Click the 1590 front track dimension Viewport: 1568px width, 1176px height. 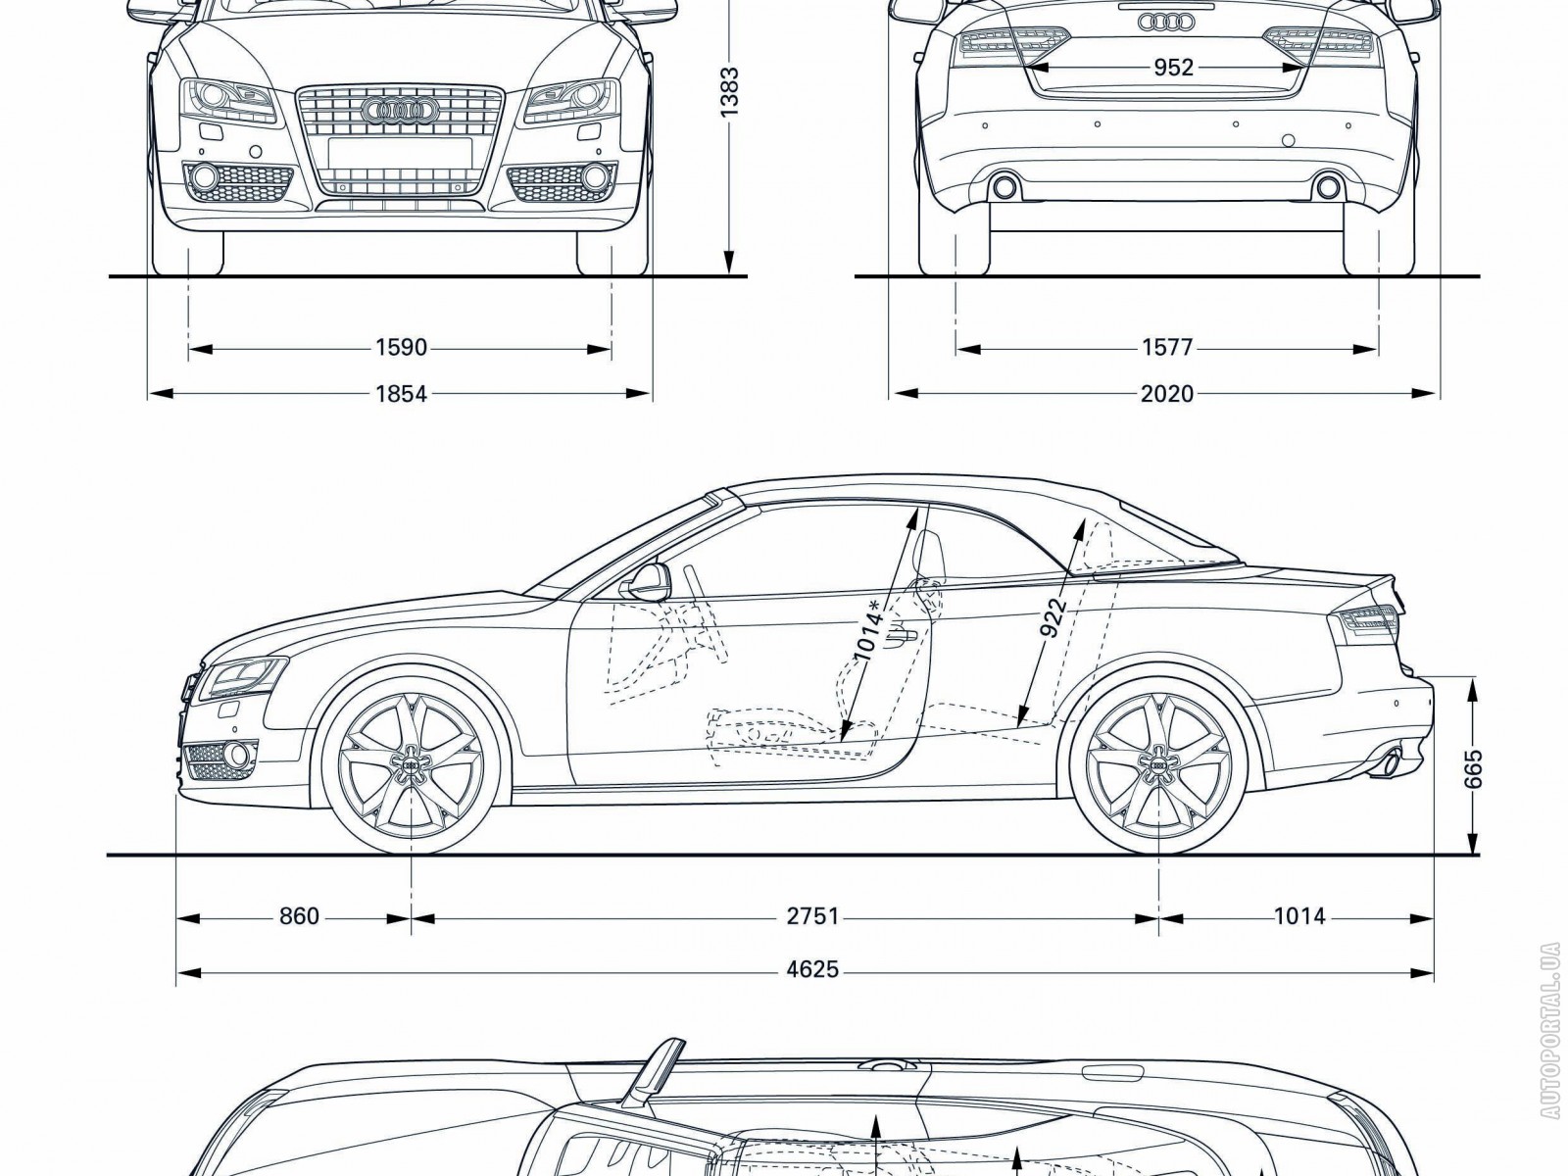point(401,347)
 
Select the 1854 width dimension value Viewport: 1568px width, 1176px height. point(401,394)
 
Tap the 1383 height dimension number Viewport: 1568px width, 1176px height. point(728,92)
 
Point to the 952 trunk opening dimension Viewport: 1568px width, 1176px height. point(1173,68)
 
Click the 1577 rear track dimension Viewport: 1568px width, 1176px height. point(1167,347)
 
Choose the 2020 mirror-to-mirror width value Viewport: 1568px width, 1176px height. point(1167,394)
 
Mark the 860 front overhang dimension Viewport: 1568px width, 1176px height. point(299,916)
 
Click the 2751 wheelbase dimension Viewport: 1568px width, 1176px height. point(812,916)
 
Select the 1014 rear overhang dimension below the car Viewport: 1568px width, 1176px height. point(1299,916)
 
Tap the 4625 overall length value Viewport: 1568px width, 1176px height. point(812,969)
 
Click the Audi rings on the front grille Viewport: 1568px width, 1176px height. point(400,113)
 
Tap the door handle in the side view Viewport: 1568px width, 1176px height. point(900,637)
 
